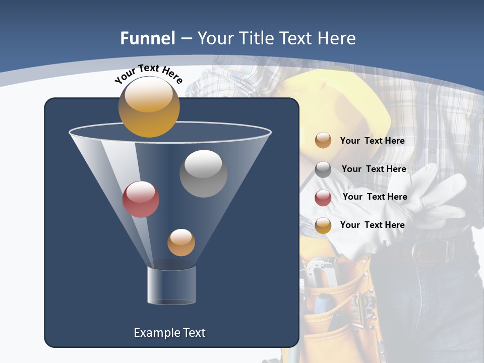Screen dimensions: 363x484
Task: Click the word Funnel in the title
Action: [147, 38]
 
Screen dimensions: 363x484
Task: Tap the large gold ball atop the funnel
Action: [149, 107]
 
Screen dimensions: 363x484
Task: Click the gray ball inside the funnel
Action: [203, 173]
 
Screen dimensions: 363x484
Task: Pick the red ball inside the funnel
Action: [141, 199]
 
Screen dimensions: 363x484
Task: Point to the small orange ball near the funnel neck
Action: [181, 243]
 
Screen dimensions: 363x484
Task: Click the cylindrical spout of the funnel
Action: [171, 285]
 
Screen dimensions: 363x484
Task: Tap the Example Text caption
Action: [169, 333]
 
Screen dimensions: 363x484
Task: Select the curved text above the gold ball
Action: [148, 74]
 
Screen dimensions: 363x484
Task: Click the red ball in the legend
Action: [323, 198]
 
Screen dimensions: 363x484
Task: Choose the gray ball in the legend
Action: [323, 169]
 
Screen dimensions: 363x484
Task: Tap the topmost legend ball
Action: [323, 140]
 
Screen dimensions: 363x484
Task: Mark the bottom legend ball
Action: [323, 225]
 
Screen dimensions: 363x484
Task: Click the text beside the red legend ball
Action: [375, 197]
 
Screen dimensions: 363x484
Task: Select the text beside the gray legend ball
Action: [374, 169]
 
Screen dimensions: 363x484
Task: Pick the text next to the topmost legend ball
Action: [372, 141]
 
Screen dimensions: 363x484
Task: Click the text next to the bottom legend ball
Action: [372, 225]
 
